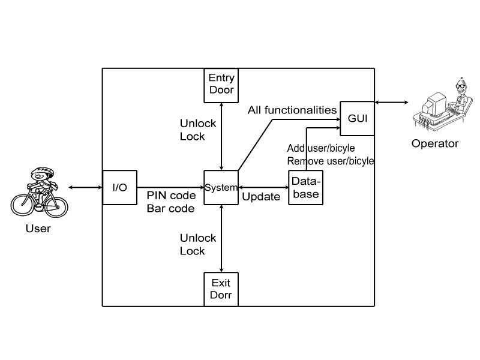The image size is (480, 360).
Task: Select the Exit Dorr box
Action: click(222, 289)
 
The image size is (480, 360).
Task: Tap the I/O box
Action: click(120, 188)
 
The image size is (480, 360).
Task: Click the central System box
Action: click(221, 188)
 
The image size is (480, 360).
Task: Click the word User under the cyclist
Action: click(38, 229)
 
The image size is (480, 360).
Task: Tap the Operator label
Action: click(435, 143)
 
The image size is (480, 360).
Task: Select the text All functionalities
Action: click(292, 110)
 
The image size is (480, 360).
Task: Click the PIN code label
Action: click(171, 196)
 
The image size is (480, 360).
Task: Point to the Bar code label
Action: click(170, 209)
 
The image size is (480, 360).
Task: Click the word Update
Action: click(261, 197)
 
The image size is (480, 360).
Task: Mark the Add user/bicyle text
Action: click(321, 148)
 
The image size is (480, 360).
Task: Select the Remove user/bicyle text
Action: click(331, 161)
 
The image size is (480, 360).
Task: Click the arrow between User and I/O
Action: click(86, 188)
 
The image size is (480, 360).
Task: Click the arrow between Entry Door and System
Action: click(222, 135)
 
